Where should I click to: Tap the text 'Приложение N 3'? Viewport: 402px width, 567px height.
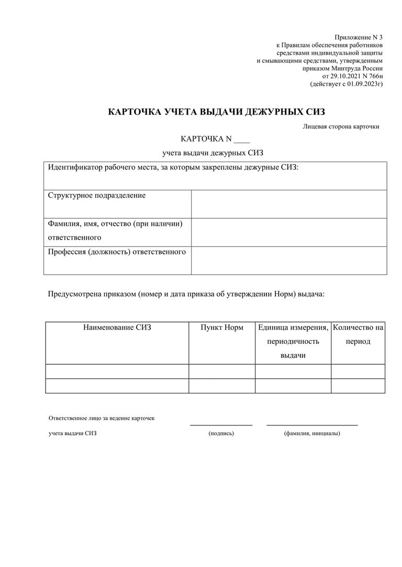359,37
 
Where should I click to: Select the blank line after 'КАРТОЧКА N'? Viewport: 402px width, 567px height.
242,140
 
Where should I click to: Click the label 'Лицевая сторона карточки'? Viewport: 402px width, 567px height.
341,126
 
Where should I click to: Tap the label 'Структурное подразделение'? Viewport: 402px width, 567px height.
97,195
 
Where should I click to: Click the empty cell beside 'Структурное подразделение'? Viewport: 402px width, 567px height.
289,204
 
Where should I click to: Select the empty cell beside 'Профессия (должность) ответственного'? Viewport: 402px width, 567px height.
289,260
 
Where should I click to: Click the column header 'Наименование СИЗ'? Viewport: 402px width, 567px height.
117,328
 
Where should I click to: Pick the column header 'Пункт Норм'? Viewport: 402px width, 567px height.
222,328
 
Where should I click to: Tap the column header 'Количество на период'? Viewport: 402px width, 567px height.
358,334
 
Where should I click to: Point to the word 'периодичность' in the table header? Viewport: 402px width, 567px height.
293,342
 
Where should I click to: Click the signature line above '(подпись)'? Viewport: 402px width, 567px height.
221,425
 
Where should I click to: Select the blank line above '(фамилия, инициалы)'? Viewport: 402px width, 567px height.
312,425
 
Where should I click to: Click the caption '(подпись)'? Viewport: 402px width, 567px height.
221,433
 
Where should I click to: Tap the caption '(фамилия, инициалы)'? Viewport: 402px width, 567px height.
312,433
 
